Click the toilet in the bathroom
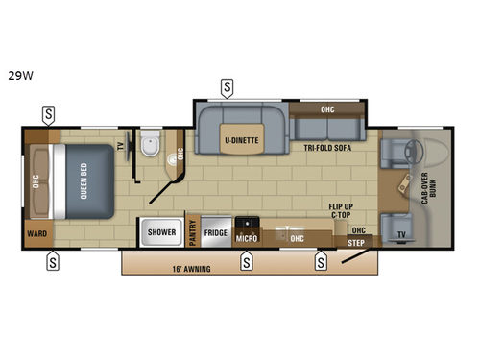[149, 146]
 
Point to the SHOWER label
[159, 231]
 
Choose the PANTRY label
[192, 231]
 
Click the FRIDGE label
[216, 231]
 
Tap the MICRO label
[247, 235]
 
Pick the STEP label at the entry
[356, 244]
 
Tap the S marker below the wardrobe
[53, 259]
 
